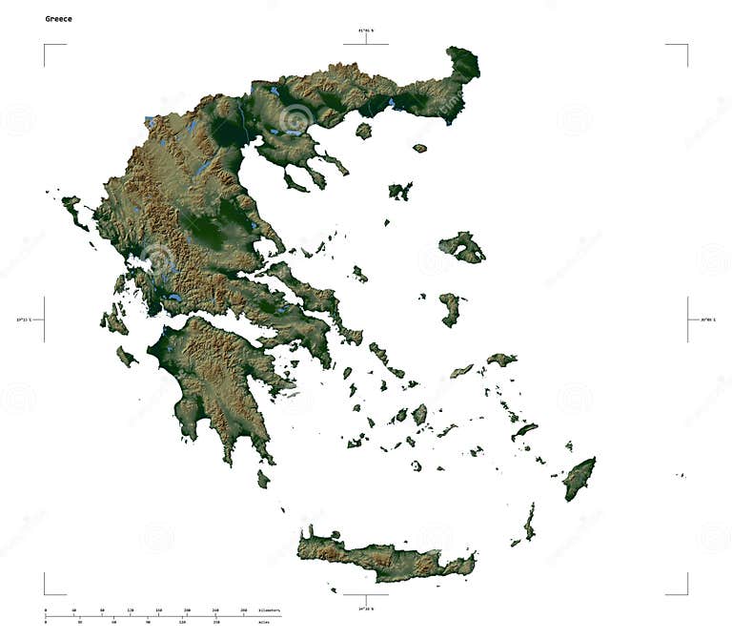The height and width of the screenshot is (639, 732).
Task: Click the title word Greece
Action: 58,18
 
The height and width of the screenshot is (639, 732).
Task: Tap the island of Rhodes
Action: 578,478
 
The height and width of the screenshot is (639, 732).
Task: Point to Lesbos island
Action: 462,248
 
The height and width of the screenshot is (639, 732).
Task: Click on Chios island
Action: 449,309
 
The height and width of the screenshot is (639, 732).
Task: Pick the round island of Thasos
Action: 363,131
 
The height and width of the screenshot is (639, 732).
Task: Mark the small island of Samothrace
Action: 419,148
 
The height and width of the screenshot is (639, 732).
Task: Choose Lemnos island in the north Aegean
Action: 399,191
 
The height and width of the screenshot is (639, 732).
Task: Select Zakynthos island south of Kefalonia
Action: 126,357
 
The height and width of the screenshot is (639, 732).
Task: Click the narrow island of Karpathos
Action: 529,522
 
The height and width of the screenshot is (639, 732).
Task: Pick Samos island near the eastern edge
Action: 501,360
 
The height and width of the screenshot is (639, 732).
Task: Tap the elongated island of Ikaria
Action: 461,370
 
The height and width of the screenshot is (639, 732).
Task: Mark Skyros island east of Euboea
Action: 359,275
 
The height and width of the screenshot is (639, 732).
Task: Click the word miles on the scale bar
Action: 263,622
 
